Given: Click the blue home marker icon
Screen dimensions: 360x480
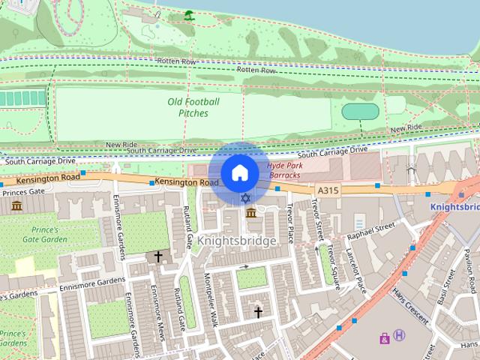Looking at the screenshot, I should pos(239,173).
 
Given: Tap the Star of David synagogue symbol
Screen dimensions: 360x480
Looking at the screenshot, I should pos(245,198).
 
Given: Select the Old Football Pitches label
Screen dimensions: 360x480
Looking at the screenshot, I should pos(193,107).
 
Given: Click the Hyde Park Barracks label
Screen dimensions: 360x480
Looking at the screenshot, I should pos(283,170).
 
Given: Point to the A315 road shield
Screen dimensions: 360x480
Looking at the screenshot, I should pos(328,190).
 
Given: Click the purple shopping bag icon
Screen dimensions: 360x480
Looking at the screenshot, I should pos(385,338).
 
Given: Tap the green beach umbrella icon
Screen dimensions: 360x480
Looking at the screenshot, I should pos(189,14).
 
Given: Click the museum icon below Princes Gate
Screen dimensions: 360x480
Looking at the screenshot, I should pos(16,205).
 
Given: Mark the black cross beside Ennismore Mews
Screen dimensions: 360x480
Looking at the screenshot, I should pos(158,256).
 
